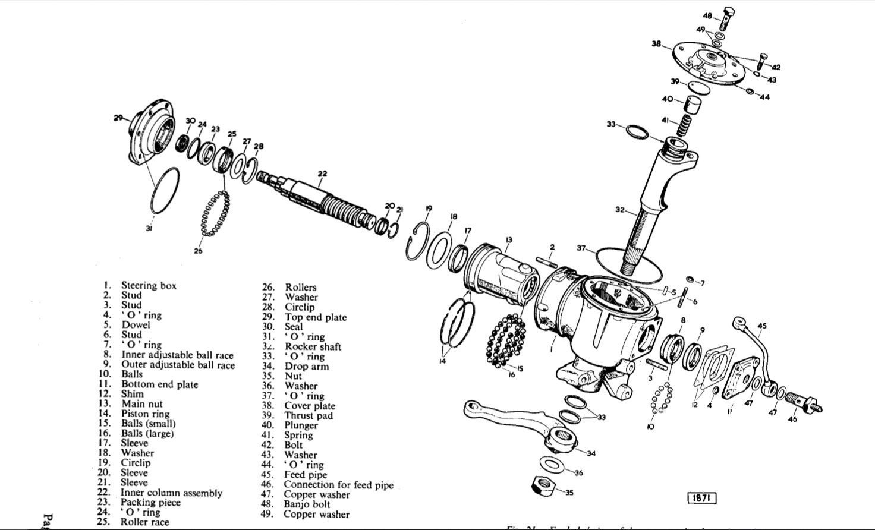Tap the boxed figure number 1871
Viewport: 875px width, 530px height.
tap(701, 498)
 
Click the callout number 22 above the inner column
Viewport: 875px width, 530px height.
tap(322, 173)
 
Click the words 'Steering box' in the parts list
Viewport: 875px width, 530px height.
tap(149, 286)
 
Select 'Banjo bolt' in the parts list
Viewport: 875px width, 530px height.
tap(307, 504)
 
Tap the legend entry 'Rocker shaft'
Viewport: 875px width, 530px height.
tap(313, 346)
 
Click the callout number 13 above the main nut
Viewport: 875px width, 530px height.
tap(509, 239)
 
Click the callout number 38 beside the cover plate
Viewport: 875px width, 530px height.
tap(656, 43)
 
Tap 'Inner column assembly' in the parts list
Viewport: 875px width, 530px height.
tap(171, 493)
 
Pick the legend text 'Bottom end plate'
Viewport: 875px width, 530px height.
tap(159, 384)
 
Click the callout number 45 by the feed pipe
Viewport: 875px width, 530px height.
tap(762, 326)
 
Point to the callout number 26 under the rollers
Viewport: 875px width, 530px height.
tap(198, 250)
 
